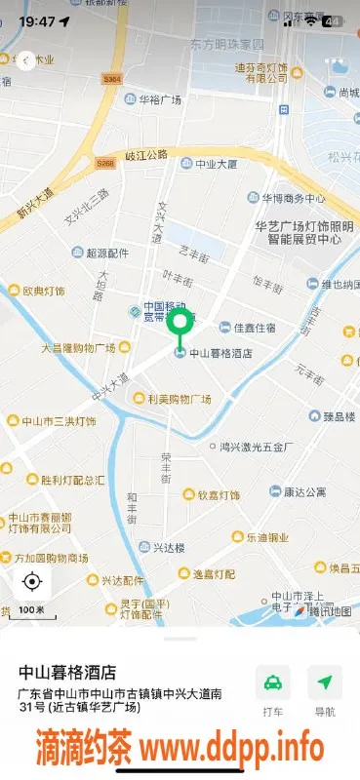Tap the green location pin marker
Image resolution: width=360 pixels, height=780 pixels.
coord(180,325)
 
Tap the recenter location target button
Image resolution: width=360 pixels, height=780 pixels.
coord(31,582)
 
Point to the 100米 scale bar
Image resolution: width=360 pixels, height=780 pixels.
coord(31,609)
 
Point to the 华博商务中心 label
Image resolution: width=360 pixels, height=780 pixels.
coord(292,198)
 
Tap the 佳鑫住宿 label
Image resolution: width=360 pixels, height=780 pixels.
coord(253,328)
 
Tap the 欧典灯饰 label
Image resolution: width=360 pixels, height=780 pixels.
coord(43,291)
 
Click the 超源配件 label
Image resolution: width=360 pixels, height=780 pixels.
coord(106,253)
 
